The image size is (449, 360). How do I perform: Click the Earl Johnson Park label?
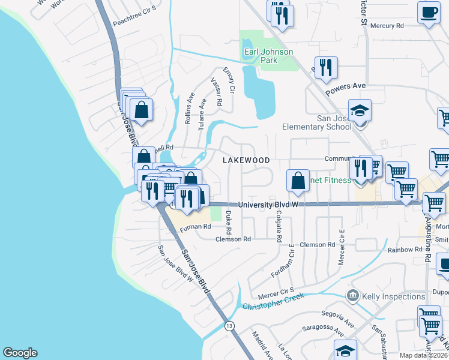[268, 56]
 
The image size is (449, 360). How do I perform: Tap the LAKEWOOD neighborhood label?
[246, 160]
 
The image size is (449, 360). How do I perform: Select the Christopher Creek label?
[273, 301]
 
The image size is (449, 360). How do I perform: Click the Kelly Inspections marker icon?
[353, 296]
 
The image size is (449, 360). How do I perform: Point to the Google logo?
[20, 353]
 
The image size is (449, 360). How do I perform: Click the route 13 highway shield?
[229, 326]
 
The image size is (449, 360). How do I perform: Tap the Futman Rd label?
[196, 227]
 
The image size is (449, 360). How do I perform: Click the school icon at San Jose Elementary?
[360, 112]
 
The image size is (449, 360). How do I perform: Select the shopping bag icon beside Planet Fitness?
[298, 180]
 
